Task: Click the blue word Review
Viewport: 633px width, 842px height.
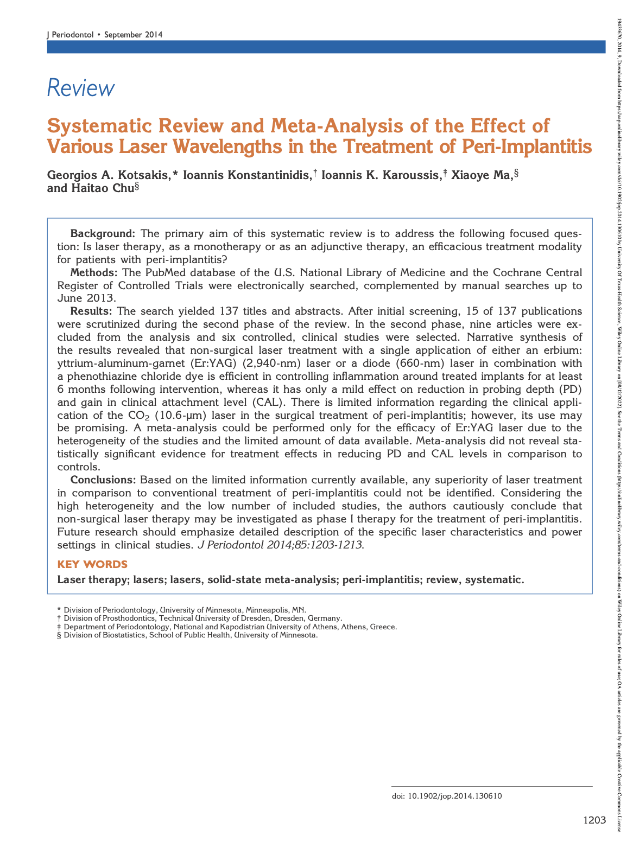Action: (81, 88)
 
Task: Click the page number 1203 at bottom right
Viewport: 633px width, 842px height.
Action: (594, 820)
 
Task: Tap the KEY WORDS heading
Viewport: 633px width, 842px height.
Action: (92, 564)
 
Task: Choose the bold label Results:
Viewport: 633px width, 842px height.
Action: (92, 311)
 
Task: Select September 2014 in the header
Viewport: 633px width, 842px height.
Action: (133, 35)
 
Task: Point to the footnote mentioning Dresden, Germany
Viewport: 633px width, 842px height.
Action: (202, 618)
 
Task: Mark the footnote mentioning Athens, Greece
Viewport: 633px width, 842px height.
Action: (230, 627)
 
